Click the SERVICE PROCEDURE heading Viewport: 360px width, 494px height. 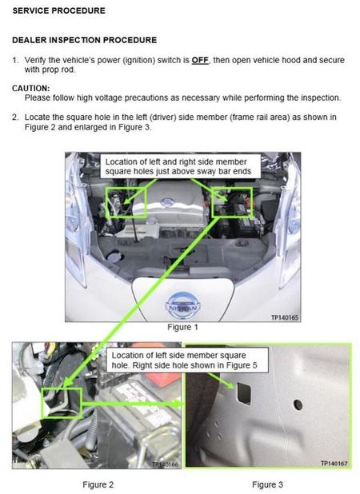pos(59,10)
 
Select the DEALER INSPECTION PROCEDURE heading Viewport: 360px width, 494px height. pos(85,40)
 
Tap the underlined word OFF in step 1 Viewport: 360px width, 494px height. pos(200,60)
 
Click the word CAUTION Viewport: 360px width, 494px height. pos(31,88)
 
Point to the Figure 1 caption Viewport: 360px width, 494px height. pos(182,328)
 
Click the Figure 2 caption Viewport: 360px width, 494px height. pos(98,484)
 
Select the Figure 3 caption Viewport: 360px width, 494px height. pos(267,484)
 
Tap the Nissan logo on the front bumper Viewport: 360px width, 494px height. pos(183,306)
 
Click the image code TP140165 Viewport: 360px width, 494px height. pos(284,317)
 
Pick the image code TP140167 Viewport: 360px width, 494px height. pos(334,463)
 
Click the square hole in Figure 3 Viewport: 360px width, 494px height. pos(244,393)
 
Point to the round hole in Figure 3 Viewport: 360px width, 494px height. pos(298,404)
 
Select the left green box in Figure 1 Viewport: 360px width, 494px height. pos(106,202)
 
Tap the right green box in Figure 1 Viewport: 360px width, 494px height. pos(213,202)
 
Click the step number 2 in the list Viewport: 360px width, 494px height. pos(15,118)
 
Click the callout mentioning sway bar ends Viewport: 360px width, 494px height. pos(180,166)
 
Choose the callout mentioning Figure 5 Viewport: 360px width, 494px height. pos(187,360)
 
